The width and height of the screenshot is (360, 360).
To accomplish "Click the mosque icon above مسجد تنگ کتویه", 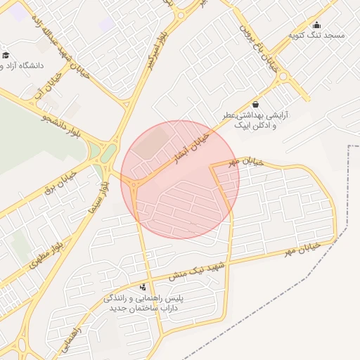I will click(x=316, y=25).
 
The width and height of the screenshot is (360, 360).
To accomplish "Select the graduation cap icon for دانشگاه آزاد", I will click(x=6, y=55).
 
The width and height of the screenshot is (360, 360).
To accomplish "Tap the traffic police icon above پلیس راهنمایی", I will click(x=143, y=286).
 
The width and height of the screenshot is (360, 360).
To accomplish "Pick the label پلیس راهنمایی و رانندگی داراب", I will click(x=143, y=303).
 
